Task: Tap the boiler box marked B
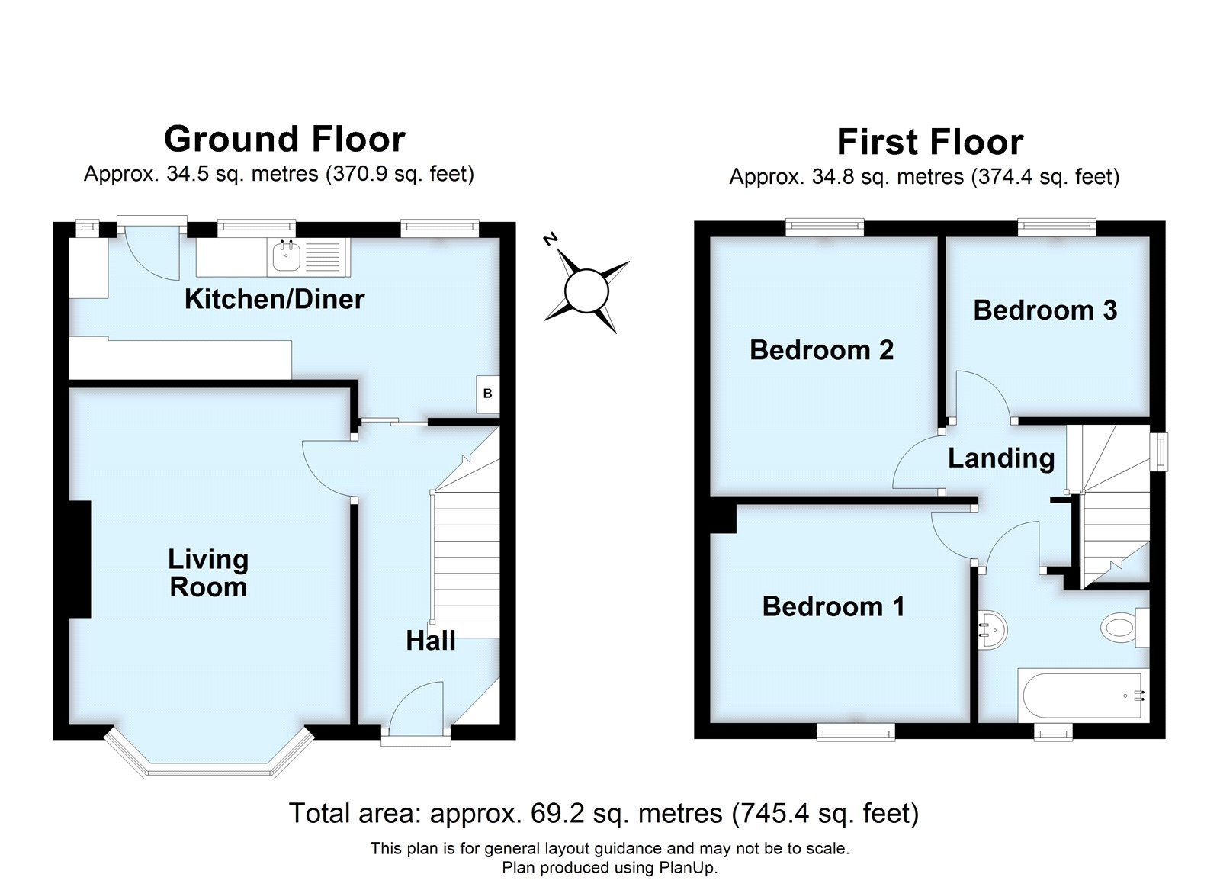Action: point(488,394)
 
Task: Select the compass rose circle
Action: point(586,291)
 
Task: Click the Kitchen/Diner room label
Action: point(274,299)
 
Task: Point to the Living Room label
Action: point(208,573)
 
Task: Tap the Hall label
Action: point(431,641)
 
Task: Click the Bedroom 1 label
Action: point(833,606)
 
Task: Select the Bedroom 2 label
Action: point(821,350)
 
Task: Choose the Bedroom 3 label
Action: point(1045,310)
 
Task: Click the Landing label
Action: point(1001,458)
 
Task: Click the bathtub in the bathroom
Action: point(1082,696)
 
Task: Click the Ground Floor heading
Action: point(284,140)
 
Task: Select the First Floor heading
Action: point(929,142)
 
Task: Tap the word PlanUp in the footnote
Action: point(689,868)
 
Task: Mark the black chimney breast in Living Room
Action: point(80,559)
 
